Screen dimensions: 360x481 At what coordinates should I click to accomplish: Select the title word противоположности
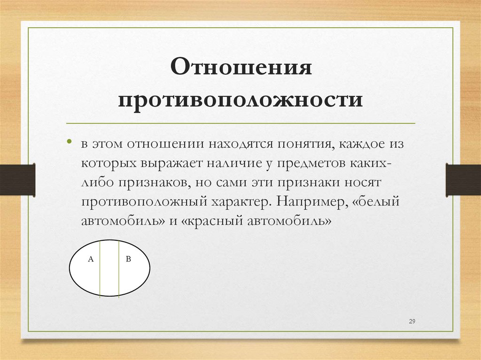coord(240,100)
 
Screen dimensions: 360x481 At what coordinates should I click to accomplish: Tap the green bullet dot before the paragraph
coord(69,141)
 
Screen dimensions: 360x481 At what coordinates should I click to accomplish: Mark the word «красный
coord(211,221)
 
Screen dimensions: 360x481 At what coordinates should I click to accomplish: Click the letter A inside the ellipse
coord(91,259)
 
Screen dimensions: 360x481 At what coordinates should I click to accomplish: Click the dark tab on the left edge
coord(17,179)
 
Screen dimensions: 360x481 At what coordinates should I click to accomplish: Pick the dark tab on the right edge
coord(463,179)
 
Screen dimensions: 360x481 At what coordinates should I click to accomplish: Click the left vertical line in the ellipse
coord(100,268)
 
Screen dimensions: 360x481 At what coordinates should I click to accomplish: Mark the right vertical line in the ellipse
coord(119,268)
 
